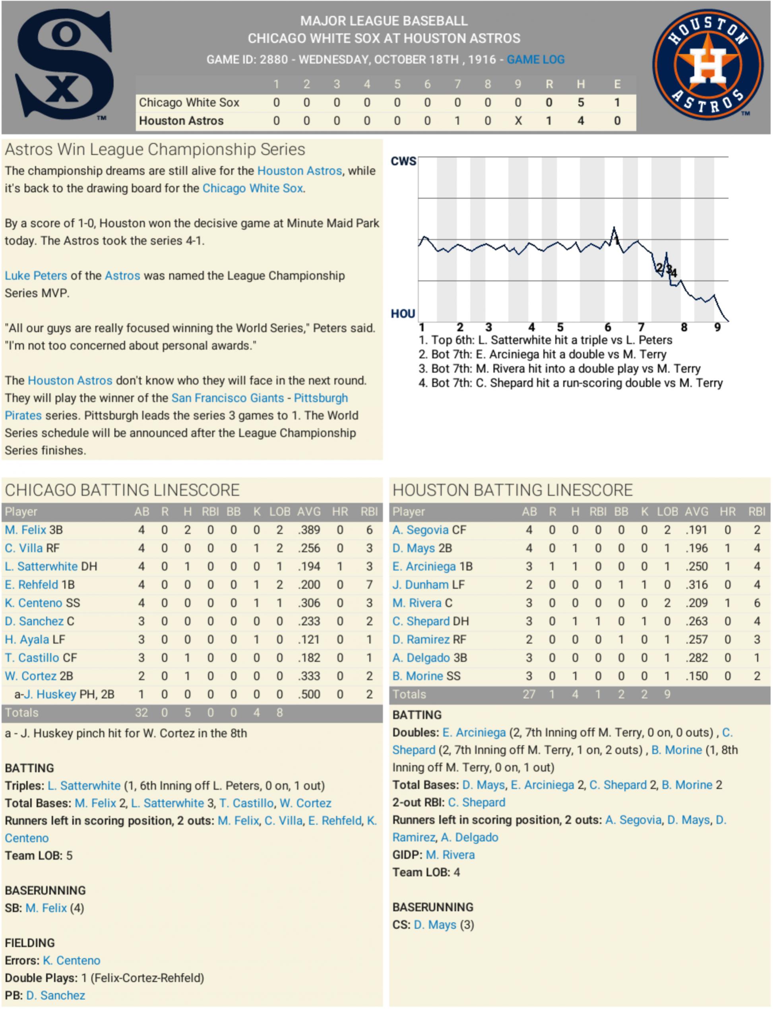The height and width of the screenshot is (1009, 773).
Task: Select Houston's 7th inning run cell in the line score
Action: (457, 120)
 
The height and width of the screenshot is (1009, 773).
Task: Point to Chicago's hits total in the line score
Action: (581, 102)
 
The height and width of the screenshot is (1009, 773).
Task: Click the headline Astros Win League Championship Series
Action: (155, 149)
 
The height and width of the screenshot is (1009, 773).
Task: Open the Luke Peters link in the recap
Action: (36, 276)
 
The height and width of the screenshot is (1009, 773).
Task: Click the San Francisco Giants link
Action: (227, 398)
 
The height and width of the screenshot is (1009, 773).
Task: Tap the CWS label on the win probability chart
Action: (403, 161)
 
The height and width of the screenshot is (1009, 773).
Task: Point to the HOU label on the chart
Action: (403, 314)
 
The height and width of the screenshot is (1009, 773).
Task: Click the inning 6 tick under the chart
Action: (607, 327)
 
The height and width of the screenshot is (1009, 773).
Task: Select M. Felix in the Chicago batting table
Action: (26, 530)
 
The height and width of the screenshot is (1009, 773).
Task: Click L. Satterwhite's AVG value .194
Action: (308, 566)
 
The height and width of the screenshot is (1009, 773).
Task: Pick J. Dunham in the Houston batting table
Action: (420, 585)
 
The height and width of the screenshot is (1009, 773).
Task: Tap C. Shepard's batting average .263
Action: (696, 621)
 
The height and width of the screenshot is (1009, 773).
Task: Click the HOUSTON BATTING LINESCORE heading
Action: (512, 490)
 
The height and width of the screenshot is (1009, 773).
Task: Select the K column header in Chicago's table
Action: (257, 511)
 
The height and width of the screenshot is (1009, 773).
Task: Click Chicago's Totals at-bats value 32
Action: (141, 713)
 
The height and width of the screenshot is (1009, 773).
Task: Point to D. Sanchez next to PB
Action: (56, 995)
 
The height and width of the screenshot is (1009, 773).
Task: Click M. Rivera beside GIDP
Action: (450, 854)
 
